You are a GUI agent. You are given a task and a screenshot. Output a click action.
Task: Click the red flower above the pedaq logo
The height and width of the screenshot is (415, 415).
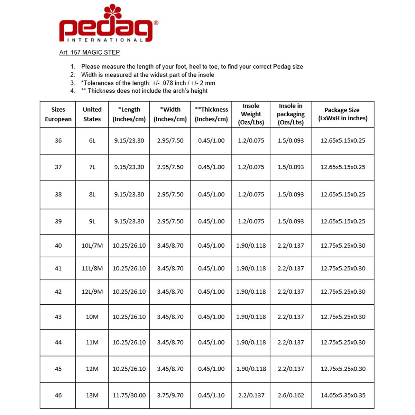point(112,11)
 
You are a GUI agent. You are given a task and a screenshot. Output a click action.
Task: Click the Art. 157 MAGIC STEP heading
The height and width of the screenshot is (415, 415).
point(90,52)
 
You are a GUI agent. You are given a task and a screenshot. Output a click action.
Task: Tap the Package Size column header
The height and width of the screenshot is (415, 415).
point(342,114)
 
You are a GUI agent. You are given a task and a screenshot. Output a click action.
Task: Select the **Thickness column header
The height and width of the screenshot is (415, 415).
point(211,114)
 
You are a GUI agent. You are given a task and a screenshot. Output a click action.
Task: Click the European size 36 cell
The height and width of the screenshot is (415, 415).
point(58,140)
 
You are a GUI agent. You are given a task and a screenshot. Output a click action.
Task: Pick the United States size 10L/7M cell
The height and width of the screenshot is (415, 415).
point(92,246)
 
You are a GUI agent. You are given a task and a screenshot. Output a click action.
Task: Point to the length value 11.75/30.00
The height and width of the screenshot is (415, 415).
point(129,395)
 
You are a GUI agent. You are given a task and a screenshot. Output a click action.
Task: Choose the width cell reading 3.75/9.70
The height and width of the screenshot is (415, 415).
point(170,395)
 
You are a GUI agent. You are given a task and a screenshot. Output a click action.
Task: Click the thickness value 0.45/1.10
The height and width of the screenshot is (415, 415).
point(211,395)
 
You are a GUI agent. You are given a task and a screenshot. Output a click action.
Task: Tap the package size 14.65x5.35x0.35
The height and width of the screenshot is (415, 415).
point(343,395)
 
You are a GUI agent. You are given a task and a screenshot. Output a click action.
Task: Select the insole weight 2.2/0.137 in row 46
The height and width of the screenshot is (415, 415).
point(251,395)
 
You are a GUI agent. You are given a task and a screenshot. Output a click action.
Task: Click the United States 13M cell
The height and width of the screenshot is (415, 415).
point(92,395)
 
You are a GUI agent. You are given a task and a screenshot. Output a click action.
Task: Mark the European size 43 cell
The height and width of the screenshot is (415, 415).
point(58,316)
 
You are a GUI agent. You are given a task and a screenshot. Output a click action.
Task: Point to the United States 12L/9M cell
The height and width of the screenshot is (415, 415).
point(92,292)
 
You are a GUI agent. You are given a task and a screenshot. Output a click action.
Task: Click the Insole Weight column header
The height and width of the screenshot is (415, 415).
point(251,114)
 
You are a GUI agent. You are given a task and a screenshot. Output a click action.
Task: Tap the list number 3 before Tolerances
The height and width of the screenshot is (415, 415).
point(73,83)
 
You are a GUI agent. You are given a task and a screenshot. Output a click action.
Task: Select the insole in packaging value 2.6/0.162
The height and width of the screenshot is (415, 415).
point(291,395)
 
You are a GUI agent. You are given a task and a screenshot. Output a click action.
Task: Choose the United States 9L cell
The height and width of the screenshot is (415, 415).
point(92,221)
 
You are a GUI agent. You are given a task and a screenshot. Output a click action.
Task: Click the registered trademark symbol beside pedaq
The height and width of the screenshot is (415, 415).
point(156,23)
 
